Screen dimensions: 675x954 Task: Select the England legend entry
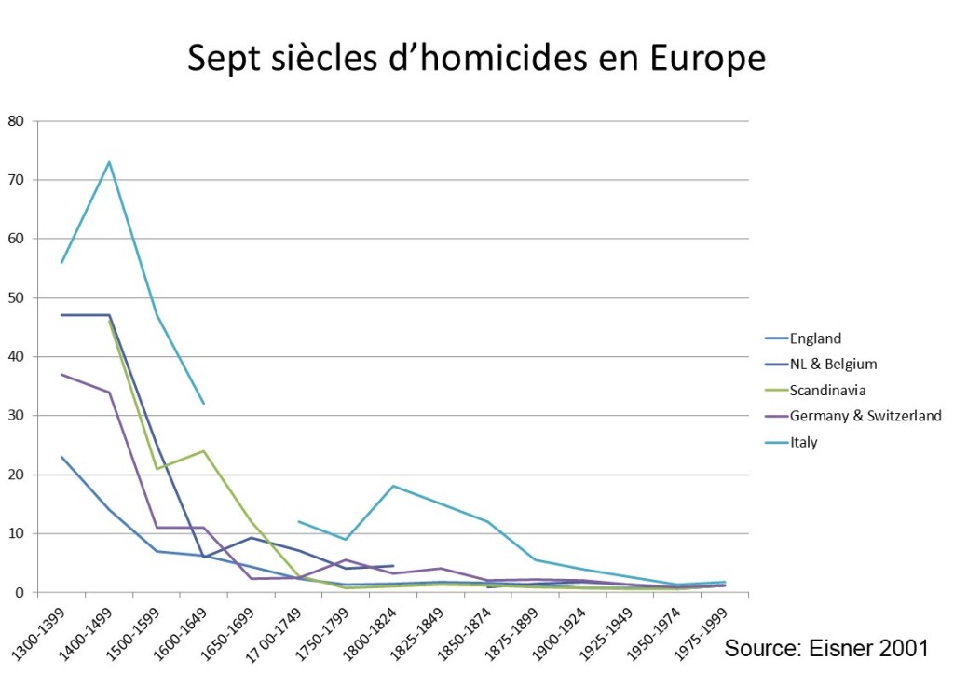815,338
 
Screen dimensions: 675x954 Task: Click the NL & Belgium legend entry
833,364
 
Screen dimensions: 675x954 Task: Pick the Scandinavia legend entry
827,390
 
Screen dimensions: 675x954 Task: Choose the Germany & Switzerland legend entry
865,416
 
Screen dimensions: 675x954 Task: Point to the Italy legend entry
803,442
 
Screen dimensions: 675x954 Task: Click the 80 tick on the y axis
16,120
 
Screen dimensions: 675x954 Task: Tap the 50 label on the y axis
16,297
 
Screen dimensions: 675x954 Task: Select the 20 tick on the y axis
16,475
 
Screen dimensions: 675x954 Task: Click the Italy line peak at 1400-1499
109,161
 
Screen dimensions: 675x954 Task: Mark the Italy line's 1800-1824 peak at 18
394,486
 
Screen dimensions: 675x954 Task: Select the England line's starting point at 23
61,457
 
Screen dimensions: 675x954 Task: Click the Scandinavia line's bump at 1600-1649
204,451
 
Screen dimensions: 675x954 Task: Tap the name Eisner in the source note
833,648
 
